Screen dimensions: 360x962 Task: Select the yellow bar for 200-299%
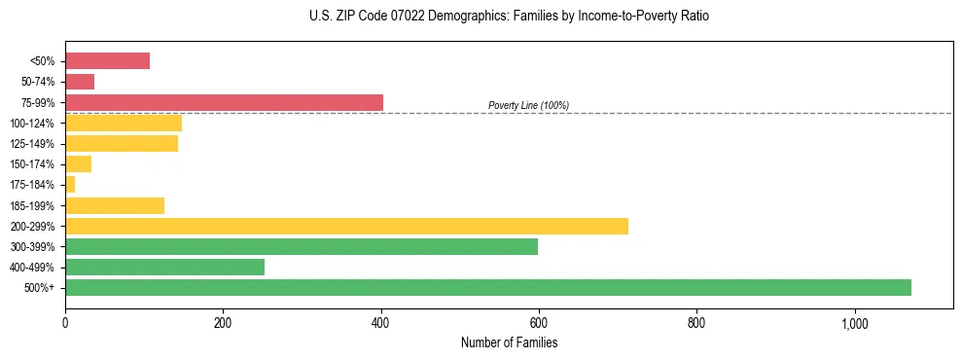[x=346, y=226]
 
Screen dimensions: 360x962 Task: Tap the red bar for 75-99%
[x=224, y=102]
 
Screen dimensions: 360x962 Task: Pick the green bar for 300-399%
[x=302, y=246]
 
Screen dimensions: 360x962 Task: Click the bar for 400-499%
[x=164, y=267]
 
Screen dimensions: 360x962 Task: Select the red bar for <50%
[x=107, y=61]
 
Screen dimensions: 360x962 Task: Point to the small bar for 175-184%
[x=70, y=185]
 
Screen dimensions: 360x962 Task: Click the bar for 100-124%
[x=124, y=123]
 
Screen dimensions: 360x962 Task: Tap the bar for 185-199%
[x=115, y=205]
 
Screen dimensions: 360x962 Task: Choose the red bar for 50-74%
[x=80, y=82]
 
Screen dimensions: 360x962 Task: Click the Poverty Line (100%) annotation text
[x=528, y=105]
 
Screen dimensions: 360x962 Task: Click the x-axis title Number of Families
[x=509, y=342]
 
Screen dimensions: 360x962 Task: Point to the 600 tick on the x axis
[x=539, y=323]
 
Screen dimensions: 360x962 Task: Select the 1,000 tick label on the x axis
[x=854, y=323]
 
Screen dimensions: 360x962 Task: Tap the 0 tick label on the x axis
[x=65, y=323]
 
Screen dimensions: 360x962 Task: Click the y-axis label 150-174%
[x=32, y=164]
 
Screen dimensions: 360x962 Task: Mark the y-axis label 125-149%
[x=32, y=144]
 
